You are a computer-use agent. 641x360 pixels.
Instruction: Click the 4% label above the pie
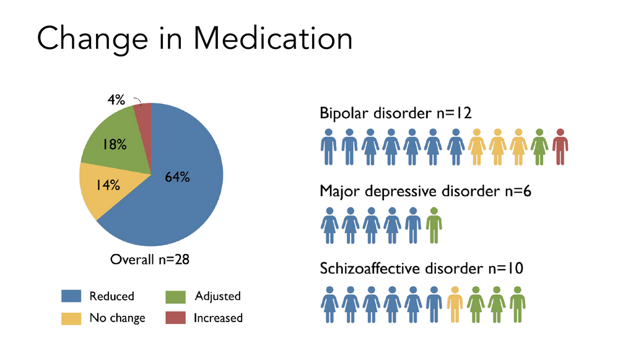[116, 100]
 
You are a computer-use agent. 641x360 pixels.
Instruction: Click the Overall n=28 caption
[149, 260]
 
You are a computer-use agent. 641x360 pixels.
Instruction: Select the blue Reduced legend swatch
[71, 296]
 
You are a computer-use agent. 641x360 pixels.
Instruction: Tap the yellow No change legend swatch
[71, 318]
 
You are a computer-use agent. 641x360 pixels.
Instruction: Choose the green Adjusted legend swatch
[176, 296]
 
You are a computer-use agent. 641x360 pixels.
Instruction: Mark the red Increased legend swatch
[176, 318]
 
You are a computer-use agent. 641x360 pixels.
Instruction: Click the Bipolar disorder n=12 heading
[396, 113]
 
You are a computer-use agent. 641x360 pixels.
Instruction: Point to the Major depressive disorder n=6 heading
[425, 191]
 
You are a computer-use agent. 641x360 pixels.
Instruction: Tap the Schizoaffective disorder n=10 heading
[422, 268]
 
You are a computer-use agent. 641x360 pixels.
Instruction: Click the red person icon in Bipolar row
[560, 146]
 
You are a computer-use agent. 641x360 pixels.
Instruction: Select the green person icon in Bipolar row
[539, 146]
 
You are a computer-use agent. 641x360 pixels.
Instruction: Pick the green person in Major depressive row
[434, 224]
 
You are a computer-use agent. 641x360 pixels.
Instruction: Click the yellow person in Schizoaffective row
[455, 304]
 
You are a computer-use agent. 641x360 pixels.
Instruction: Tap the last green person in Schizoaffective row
[517, 304]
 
